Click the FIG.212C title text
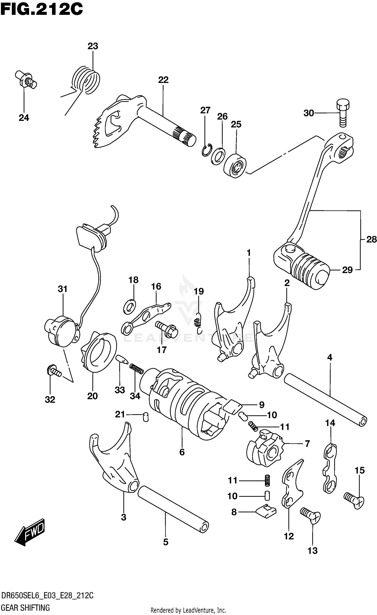click(x=41, y=10)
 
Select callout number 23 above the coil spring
click(x=93, y=46)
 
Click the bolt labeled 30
click(x=343, y=113)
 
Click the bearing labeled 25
click(x=235, y=166)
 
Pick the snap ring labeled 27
click(x=207, y=150)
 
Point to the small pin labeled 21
click(x=146, y=417)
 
